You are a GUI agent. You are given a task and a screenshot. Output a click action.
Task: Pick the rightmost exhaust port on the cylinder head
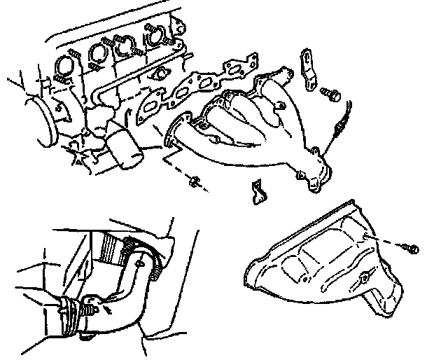pos(155,33)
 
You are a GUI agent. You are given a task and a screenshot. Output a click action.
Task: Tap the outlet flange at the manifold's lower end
pos(316,179)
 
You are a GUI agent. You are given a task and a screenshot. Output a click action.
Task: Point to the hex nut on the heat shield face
pos(362,279)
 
